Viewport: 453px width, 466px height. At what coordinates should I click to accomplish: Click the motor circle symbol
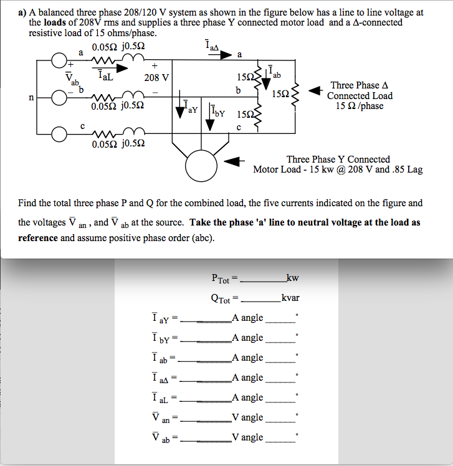click(x=199, y=165)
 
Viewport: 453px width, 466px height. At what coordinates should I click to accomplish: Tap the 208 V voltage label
click(x=156, y=78)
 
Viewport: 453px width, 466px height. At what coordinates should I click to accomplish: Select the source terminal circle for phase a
click(x=59, y=61)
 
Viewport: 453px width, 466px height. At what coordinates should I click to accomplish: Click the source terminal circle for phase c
click(x=59, y=133)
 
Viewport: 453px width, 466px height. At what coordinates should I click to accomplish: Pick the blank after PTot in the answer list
click(x=262, y=278)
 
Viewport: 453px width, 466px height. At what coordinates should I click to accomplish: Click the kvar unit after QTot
click(x=290, y=298)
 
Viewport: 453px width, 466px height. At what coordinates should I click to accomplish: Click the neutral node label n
click(x=31, y=97)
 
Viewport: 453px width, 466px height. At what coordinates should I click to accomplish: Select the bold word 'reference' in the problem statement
click(x=38, y=238)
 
